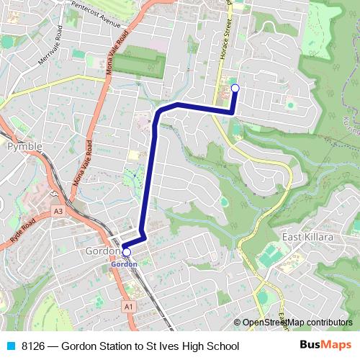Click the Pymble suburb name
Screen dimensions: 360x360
24,147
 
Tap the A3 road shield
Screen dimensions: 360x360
58,212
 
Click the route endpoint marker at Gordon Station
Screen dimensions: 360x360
127,252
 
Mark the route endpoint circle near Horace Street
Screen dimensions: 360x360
235,89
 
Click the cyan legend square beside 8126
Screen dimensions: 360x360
10,346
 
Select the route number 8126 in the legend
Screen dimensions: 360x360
35,346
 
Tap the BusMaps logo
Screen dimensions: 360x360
325,346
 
